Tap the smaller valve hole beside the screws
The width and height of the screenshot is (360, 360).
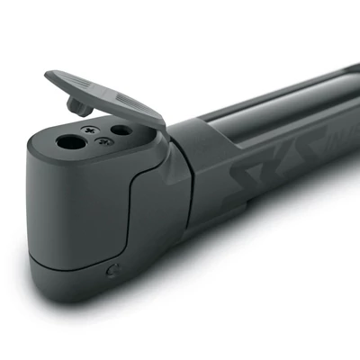(x=120, y=130)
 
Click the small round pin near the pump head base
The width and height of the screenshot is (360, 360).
(x=112, y=270)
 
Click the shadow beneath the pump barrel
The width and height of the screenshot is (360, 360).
(x=270, y=270)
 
